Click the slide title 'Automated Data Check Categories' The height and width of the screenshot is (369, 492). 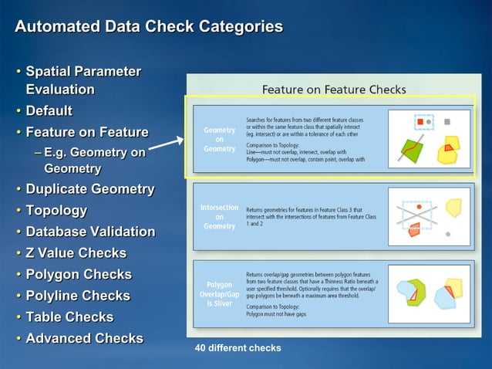point(149,27)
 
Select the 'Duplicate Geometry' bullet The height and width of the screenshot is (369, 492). point(90,189)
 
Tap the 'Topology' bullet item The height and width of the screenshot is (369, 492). point(56,211)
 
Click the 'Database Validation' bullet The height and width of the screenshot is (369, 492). point(90,232)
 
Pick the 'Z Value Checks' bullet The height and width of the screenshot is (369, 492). point(76,253)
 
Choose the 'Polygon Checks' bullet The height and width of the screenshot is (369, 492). point(79,274)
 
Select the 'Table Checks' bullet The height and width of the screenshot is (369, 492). point(69,317)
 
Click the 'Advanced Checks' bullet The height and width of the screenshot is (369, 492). point(84,338)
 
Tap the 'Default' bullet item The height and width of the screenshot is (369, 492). point(49,111)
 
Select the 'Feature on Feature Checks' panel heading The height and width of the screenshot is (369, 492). point(333,90)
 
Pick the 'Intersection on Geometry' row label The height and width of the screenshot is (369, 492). point(219,217)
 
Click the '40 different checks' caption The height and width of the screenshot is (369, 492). point(238,348)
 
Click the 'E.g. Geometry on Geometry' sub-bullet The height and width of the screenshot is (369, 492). point(94,161)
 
